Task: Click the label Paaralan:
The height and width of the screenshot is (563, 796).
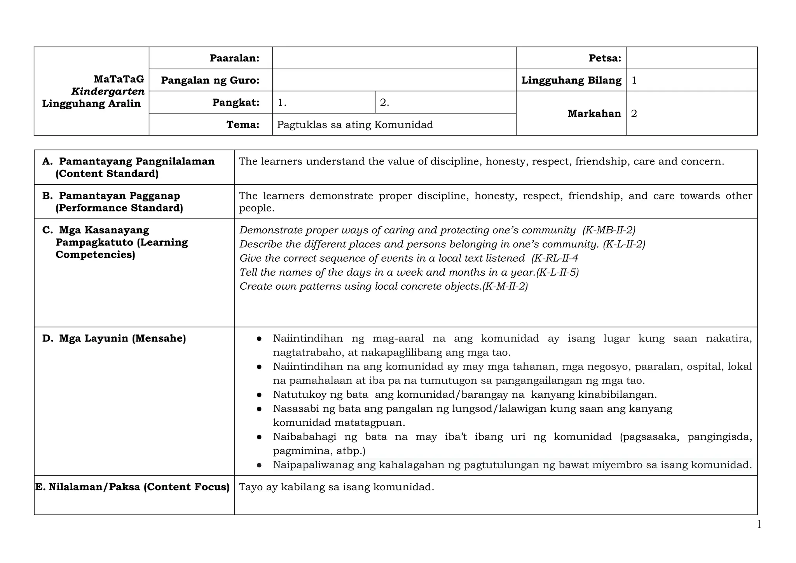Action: pos(234,58)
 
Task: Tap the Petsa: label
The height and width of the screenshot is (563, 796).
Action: pos(604,58)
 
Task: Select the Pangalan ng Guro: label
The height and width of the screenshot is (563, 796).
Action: pos(210,80)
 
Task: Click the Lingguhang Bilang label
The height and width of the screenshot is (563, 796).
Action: pos(571,80)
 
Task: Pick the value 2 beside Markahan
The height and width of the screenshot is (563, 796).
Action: pos(634,114)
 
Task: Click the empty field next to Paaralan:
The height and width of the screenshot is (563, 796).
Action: pos(394,58)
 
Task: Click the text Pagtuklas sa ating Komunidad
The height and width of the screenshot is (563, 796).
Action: pos(355,125)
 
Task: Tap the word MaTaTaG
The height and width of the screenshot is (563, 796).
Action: pos(119,79)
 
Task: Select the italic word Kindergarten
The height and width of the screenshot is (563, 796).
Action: pos(108,92)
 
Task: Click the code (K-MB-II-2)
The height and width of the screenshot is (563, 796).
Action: pos(609,230)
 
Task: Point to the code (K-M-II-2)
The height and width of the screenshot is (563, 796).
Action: pos(504,287)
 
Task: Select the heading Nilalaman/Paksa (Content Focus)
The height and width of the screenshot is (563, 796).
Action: pos(139,487)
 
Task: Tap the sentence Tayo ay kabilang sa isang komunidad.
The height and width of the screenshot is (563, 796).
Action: pos(336,487)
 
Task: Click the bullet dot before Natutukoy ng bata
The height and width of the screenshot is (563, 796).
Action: pos(259,395)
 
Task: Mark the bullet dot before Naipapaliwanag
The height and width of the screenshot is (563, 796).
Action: pos(259,465)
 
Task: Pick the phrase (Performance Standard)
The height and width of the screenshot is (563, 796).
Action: pos(119,208)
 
